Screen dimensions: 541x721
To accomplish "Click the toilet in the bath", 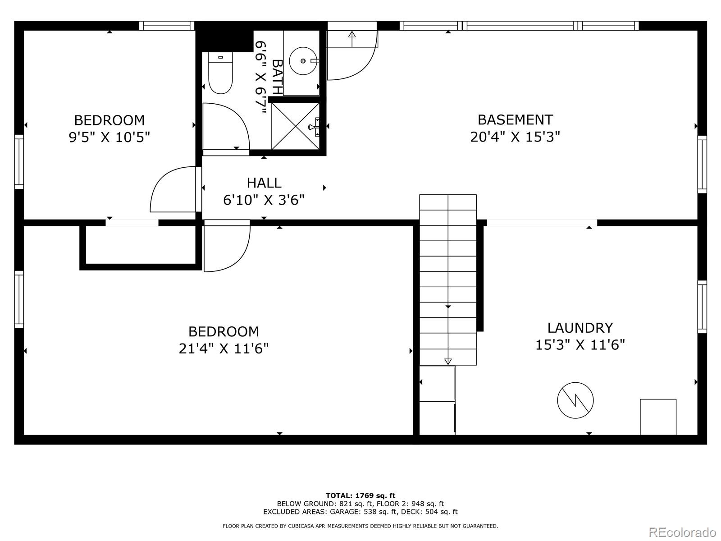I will point(220,74).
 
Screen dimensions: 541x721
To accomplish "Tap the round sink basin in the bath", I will point(303,60).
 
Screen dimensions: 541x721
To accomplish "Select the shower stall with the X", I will point(295,126).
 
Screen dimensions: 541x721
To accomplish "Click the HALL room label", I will point(264,183).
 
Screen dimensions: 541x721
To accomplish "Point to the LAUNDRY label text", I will point(580,328).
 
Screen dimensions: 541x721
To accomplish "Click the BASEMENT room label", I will point(515,120).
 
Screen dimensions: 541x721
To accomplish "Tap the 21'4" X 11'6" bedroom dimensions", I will point(224,348).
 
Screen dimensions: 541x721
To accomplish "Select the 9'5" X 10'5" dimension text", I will point(109,137).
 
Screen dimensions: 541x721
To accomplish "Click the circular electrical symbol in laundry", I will point(575,400).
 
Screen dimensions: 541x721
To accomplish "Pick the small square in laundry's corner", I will point(658,417).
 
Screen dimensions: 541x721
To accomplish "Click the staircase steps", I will point(448,280).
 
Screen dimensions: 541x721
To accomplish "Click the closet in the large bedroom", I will point(140,246).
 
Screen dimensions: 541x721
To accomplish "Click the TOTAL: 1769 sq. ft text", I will point(360,495).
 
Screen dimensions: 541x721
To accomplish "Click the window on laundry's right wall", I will point(702,307).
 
